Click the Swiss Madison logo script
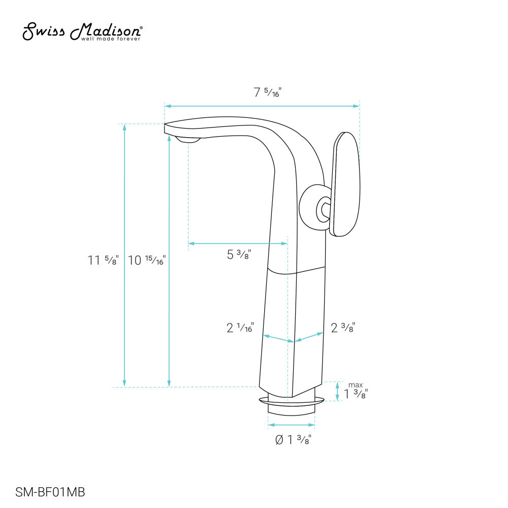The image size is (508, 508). click(82, 31)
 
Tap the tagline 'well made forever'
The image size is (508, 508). click(110, 39)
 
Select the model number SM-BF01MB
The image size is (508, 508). click(50, 492)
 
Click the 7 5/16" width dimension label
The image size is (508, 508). click(267, 92)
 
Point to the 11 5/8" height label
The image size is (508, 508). click(103, 260)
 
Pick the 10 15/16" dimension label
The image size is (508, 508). click(147, 260)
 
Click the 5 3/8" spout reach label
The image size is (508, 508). click(239, 255)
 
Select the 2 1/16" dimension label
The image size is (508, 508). click(240, 328)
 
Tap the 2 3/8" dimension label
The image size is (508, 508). click(343, 328)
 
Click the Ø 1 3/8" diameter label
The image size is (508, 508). click(293, 439)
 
